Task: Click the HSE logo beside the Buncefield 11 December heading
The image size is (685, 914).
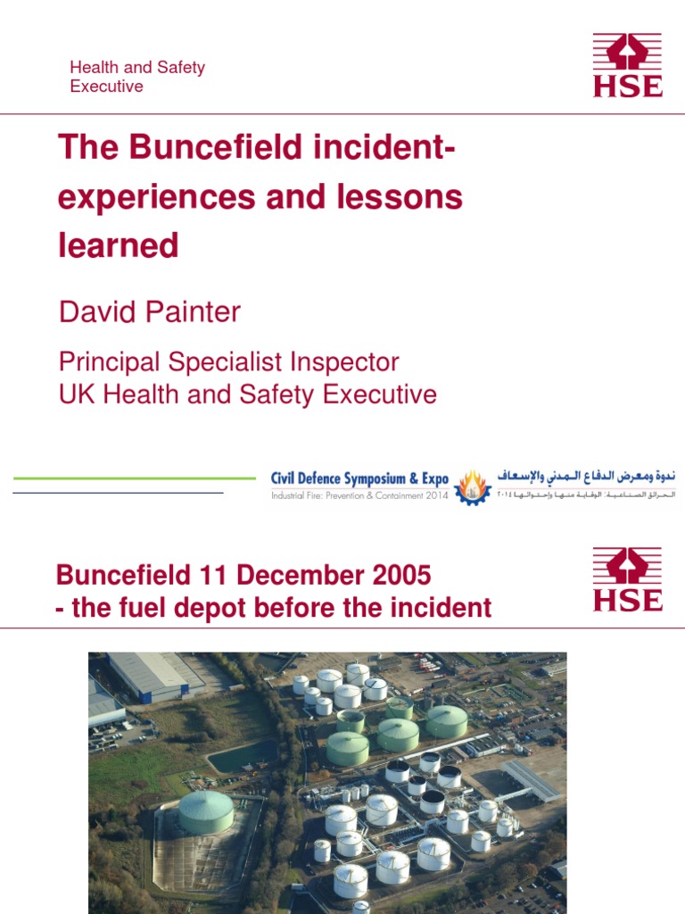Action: pos(628,579)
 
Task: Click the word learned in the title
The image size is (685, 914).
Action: pos(119,245)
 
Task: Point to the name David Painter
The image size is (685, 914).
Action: pos(150,312)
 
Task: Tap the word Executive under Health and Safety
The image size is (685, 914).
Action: pos(106,87)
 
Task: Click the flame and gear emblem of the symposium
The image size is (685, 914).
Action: pos(472,487)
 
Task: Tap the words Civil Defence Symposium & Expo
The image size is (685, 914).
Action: pos(359,479)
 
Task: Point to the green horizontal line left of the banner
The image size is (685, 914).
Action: pos(134,478)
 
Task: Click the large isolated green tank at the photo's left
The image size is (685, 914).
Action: pos(206,811)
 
